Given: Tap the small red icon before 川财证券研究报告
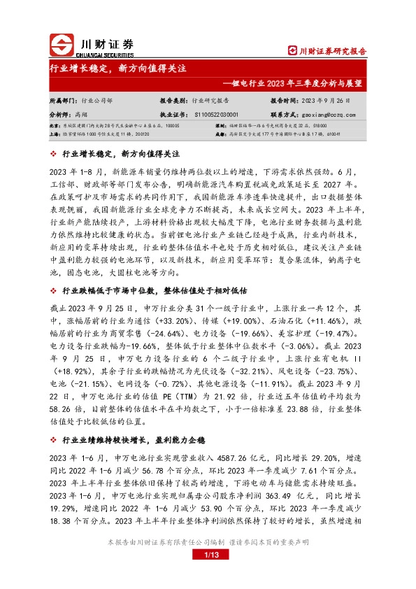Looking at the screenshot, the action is point(292,50).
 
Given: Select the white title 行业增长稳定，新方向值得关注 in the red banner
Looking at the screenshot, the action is point(117,69).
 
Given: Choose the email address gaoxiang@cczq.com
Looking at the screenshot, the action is point(329,113).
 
